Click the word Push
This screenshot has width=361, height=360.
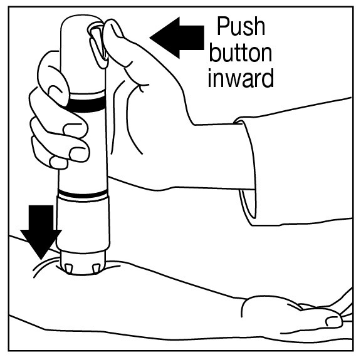point(241,26)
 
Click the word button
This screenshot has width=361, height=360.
point(241,53)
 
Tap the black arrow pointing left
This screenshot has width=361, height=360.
point(177,38)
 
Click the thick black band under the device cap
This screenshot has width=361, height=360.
point(86,105)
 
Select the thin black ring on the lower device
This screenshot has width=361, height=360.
point(83,194)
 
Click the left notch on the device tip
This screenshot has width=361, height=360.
point(69,269)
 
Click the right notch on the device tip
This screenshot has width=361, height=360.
point(96,268)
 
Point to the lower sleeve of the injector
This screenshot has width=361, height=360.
point(83,224)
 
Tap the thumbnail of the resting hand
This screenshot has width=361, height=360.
point(334,321)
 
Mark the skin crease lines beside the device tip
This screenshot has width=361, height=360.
point(44,267)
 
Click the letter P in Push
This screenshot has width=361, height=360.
point(224,26)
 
